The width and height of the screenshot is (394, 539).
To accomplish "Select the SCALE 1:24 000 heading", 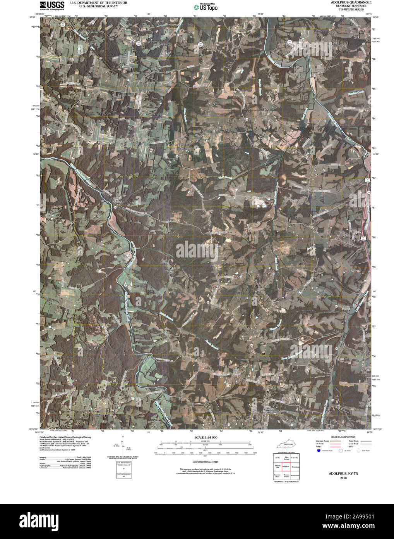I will coord(206,437).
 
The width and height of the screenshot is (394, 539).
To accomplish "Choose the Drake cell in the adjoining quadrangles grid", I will coord(278,458).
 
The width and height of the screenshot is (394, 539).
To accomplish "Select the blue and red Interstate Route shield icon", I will coord(318,451).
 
